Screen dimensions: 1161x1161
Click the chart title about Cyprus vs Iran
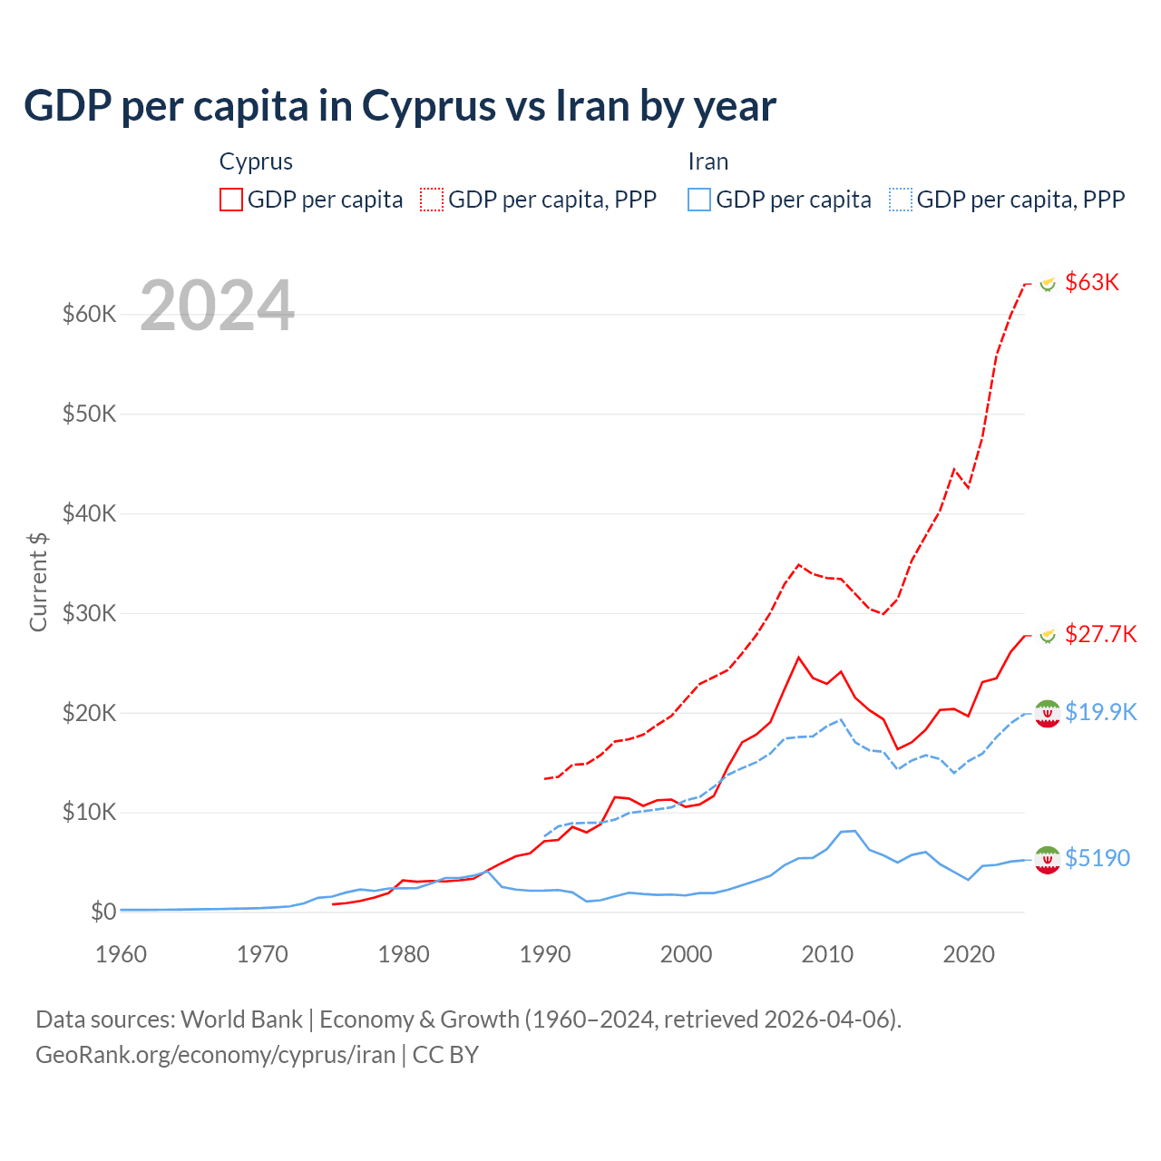pos(400,106)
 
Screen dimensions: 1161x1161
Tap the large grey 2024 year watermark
pos(218,306)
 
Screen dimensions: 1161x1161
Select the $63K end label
pos(1092,282)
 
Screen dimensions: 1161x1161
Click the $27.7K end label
pos(1100,634)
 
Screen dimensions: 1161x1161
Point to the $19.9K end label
pos(1100,712)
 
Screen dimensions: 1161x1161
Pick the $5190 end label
pos(1098,858)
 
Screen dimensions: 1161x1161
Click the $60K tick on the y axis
pos(90,315)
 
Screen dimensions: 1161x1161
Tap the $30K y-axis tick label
pos(90,614)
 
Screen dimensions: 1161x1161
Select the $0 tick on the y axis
pos(103,912)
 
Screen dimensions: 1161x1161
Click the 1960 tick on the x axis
pos(121,954)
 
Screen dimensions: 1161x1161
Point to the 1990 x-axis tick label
pos(545,954)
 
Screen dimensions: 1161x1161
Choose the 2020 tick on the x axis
pos(969,954)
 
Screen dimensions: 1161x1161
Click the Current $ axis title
pos(38,581)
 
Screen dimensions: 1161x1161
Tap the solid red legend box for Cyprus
pos(231,200)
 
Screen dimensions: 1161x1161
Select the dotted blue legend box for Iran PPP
pos(901,200)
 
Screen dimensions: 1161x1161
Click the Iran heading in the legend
pos(708,161)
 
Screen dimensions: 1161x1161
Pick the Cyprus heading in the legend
pos(256,161)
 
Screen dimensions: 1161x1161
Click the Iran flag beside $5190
pos(1048,859)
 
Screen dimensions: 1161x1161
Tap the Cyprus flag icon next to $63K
pos(1048,284)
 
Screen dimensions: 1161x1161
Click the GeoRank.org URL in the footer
pos(216,1055)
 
